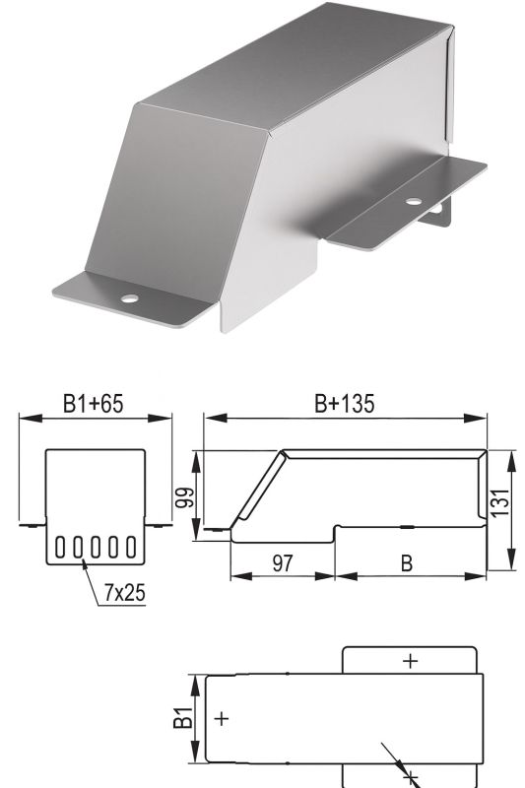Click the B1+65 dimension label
tap(93, 404)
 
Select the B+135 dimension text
tap(345, 404)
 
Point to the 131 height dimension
tap(501, 502)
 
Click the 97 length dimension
tap(283, 562)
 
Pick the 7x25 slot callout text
tap(124, 593)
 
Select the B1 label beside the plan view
tap(183, 717)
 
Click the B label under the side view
tap(407, 563)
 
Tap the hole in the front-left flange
tap(129, 298)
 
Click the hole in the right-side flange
tap(414, 201)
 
